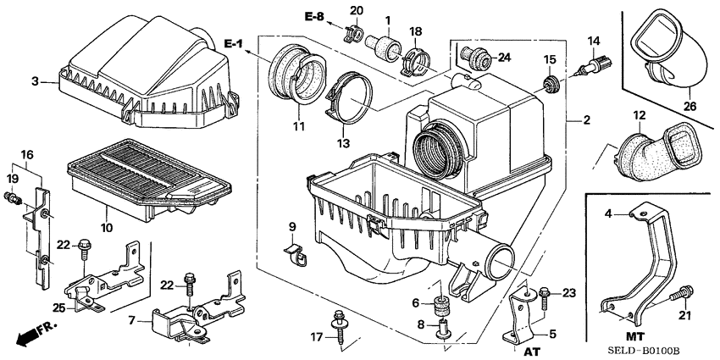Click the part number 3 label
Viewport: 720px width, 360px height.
(x=35, y=81)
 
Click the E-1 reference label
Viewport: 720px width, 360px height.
(x=235, y=43)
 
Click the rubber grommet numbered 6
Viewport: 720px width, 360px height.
(x=440, y=304)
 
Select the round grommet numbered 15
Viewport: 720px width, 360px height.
(x=551, y=83)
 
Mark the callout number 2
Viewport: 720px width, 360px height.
(x=585, y=120)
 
